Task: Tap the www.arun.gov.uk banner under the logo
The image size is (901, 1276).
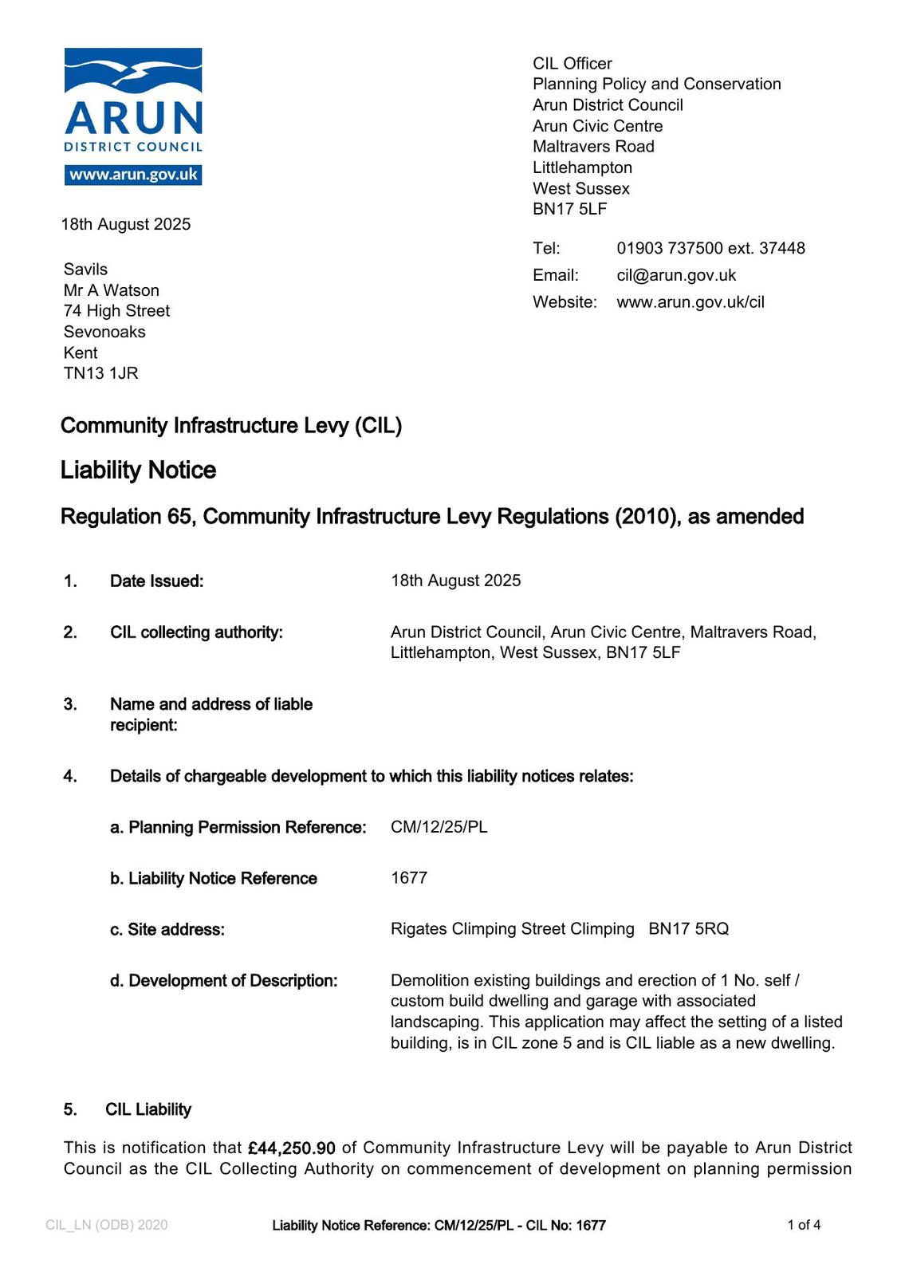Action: pos(133,175)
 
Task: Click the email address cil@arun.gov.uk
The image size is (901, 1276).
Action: pos(676,275)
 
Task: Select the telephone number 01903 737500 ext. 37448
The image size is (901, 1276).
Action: pos(710,248)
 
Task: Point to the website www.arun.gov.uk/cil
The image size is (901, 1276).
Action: pos(691,302)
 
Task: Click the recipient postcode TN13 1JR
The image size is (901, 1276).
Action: pos(101,373)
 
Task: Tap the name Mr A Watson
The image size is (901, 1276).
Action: pos(112,290)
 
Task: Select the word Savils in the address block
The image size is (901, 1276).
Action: pos(85,270)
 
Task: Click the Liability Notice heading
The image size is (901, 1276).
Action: pos(138,470)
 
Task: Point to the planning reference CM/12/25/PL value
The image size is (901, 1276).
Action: pos(439,827)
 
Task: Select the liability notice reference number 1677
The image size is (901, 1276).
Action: pos(409,878)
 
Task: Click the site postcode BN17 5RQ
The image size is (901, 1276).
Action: pos(689,929)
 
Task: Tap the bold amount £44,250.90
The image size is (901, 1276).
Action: pos(292,1148)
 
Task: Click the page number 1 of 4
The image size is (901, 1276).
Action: pos(804,1225)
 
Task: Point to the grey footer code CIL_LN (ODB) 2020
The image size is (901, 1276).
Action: pos(107,1225)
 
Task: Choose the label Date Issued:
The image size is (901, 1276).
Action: pos(157,581)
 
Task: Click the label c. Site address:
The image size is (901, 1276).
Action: pos(167,930)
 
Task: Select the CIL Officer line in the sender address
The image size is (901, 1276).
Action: pos(572,64)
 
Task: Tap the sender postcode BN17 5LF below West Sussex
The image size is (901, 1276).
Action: pos(570,209)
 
